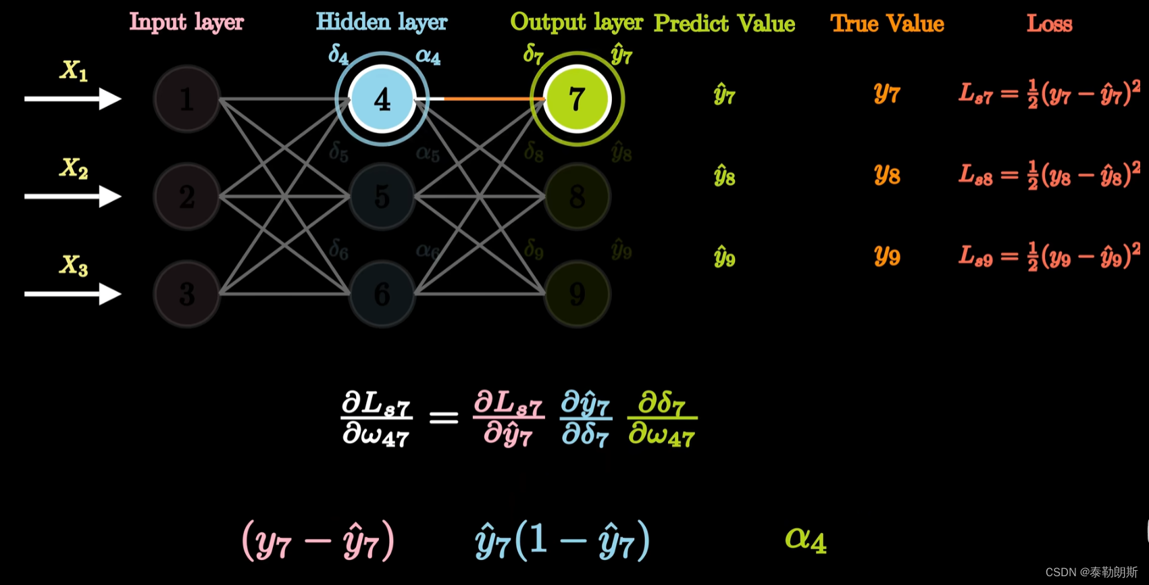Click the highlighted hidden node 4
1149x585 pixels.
tap(382, 99)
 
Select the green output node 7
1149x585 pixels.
tap(576, 99)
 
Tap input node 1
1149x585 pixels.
tap(186, 99)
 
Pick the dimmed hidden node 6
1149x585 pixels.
tap(382, 294)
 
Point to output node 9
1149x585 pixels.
tap(576, 294)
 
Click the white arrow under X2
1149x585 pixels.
tap(72, 197)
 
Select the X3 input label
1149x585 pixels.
tap(73, 265)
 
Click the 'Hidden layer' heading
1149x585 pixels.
tap(381, 22)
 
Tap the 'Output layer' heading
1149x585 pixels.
tap(576, 22)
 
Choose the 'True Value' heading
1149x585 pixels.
tap(886, 24)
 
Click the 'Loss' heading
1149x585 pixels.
tap(1049, 24)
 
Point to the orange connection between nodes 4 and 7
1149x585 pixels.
tap(493, 99)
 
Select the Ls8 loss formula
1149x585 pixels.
tap(1049, 175)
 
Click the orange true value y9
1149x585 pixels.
tap(886, 256)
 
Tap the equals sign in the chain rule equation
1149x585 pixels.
tap(443, 418)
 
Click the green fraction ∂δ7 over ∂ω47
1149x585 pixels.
tap(661, 419)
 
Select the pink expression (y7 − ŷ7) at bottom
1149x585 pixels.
tap(317, 540)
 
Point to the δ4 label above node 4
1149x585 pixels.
tap(338, 54)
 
